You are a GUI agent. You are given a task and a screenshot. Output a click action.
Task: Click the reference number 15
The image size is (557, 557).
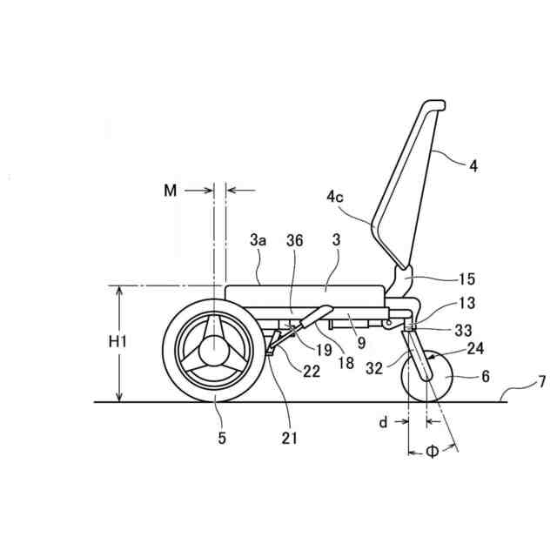(x=467, y=279)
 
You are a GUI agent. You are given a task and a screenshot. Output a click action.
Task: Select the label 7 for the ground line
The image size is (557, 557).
(x=541, y=382)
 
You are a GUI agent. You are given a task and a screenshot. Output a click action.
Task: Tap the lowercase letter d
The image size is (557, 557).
(x=382, y=422)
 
